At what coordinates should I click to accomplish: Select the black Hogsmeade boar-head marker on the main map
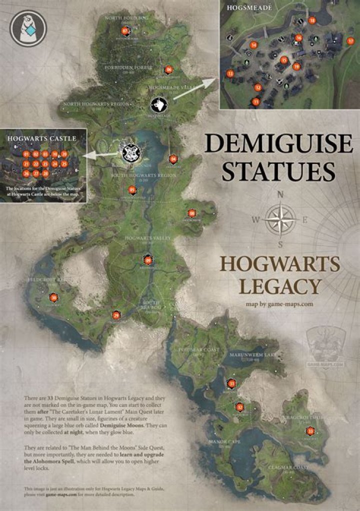(x=158, y=104)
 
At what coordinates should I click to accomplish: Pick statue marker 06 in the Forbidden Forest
(x=168, y=69)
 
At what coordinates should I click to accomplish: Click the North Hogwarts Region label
(x=96, y=104)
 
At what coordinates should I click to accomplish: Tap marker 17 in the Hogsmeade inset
(x=350, y=41)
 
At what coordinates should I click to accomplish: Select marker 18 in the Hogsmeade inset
(x=312, y=20)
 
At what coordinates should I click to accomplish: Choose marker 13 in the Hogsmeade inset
(x=230, y=73)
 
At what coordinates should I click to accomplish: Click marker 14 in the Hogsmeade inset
(x=254, y=45)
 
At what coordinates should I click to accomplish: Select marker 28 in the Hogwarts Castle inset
(x=45, y=173)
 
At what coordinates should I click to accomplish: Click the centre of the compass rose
(x=280, y=219)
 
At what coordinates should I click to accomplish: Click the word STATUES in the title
(x=278, y=170)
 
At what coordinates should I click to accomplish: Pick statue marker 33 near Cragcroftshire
(x=310, y=431)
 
